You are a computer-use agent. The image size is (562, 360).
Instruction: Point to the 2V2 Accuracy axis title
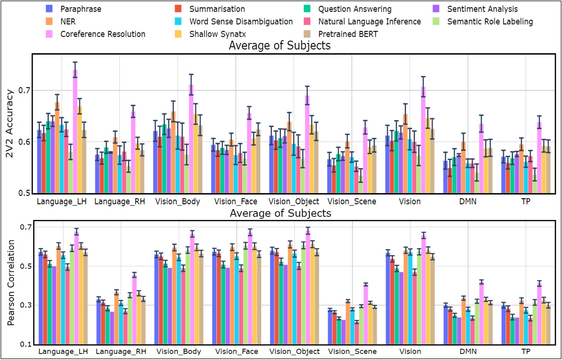[9, 123]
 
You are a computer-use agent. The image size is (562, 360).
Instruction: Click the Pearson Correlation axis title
[11, 282]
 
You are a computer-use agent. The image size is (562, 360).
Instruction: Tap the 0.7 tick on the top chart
[24, 90]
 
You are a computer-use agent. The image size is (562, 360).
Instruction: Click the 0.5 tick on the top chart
[24, 193]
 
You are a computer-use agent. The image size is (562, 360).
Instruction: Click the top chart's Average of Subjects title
[279, 45]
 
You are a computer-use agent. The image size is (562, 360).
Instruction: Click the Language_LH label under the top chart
[61, 202]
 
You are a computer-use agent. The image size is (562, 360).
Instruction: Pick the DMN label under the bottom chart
[468, 351]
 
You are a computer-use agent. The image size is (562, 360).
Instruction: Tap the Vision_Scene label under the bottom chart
[352, 351]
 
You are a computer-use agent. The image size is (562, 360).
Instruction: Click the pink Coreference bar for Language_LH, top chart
[75, 132]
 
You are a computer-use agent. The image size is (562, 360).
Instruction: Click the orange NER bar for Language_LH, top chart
[57, 148]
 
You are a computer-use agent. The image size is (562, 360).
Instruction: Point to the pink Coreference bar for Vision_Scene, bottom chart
[366, 314]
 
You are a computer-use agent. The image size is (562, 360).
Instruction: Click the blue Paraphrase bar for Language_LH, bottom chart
[41, 298]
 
